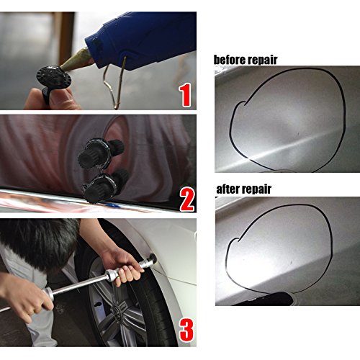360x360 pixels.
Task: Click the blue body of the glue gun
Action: click(x=137, y=32)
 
